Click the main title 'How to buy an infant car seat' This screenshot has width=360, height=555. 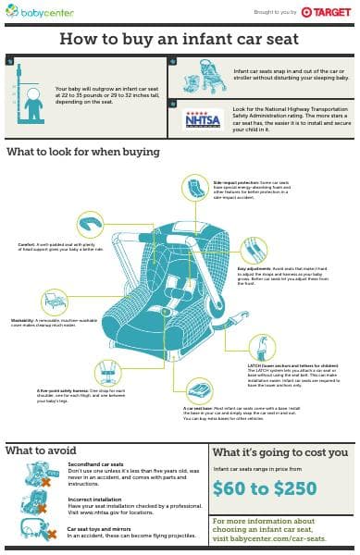(180, 39)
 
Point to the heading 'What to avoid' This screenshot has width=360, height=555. (41, 450)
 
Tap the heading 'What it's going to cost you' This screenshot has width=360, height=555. (280, 452)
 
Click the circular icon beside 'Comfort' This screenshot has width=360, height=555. (90, 226)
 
